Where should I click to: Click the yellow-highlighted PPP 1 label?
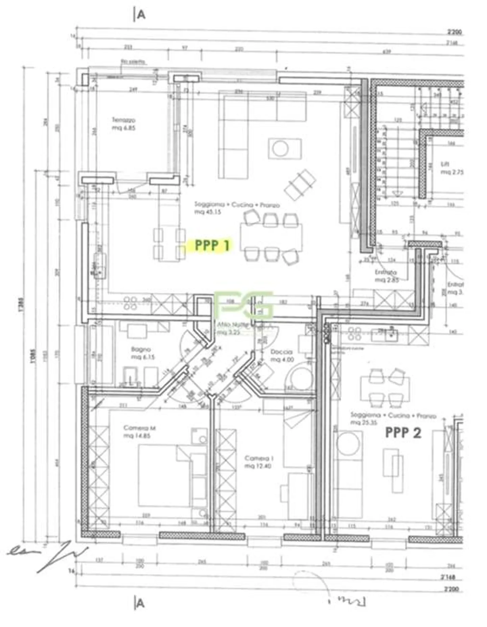click(212, 245)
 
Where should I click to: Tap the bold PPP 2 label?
click(403, 432)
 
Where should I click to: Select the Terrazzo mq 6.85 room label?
click(124, 124)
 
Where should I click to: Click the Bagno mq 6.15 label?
click(141, 353)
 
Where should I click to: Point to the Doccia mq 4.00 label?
click(282, 356)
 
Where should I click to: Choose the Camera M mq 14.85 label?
click(139, 432)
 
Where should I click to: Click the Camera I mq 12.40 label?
click(259, 462)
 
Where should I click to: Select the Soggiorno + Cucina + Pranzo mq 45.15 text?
click(237, 208)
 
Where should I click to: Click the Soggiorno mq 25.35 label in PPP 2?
click(392, 418)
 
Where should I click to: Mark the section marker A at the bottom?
click(140, 603)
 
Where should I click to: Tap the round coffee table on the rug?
click(280, 149)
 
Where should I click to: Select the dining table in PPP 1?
click(272, 237)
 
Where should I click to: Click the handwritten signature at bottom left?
click(47, 555)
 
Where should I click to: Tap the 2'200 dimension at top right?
click(454, 32)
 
